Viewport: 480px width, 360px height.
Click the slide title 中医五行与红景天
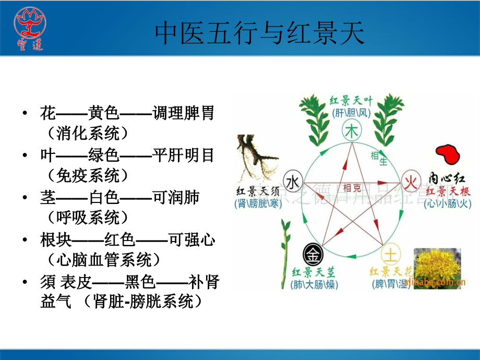(x=259, y=34)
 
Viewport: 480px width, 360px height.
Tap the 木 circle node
(x=353, y=132)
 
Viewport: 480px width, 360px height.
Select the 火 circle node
(x=411, y=182)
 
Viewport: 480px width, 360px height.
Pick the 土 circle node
(x=390, y=255)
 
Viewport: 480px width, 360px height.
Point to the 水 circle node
(x=293, y=181)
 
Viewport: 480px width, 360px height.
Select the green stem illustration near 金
(x=285, y=245)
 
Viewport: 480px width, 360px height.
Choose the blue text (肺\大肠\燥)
(x=315, y=285)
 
